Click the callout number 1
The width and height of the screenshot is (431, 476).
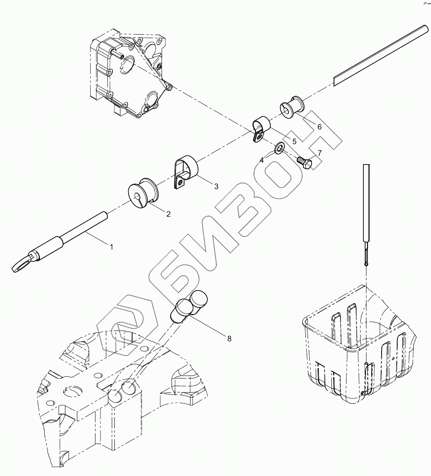click(111, 246)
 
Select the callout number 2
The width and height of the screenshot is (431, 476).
click(168, 214)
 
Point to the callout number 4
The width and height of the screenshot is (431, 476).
click(262, 160)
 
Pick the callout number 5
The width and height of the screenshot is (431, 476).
click(294, 141)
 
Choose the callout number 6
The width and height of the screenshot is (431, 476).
click(319, 126)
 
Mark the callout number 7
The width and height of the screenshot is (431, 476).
click(319, 153)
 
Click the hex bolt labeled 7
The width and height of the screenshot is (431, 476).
click(305, 163)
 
